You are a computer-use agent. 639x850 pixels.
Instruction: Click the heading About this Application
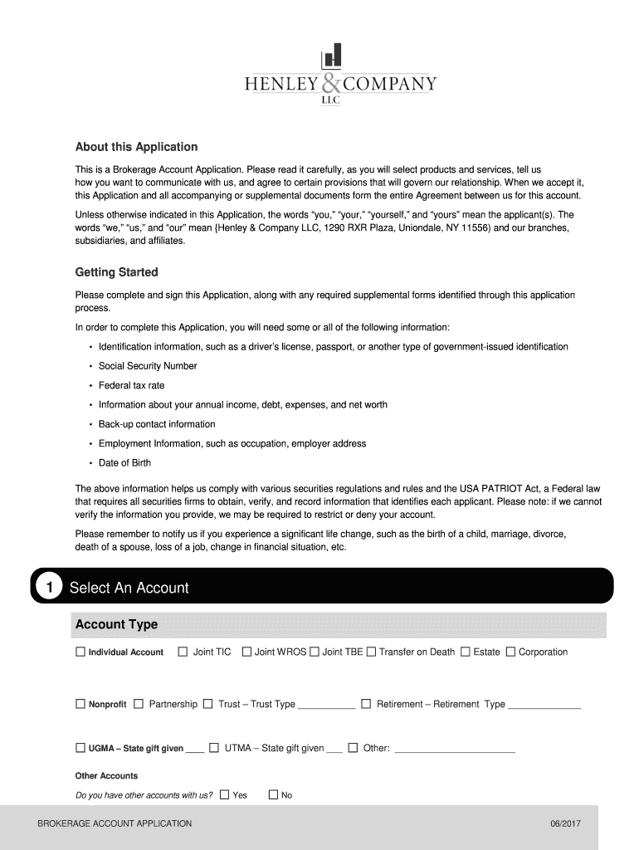pos(136,147)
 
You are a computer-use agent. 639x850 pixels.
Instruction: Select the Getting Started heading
pos(116,272)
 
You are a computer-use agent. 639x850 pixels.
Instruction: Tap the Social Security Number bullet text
pos(148,366)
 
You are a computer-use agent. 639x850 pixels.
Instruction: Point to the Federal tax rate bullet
pos(131,385)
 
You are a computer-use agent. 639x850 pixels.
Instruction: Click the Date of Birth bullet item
pos(124,463)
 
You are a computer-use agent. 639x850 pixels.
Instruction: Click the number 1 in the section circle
pos(50,588)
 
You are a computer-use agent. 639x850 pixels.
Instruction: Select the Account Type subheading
pos(116,624)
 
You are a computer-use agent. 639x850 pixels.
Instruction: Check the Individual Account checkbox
pos(80,652)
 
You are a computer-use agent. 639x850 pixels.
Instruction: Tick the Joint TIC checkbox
pos(183,652)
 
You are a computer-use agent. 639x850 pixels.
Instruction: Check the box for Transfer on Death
pos(371,652)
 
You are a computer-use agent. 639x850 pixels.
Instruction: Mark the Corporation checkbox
pos(510,652)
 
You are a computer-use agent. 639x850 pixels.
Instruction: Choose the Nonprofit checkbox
pos(80,704)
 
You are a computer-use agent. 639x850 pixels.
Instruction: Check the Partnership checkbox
pos(139,704)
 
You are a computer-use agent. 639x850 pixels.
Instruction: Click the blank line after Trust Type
pos(326,706)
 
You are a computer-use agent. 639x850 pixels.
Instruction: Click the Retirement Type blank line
pos(544,706)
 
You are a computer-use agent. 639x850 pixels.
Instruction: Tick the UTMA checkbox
pos(214,748)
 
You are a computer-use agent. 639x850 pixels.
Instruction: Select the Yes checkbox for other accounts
pos(224,795)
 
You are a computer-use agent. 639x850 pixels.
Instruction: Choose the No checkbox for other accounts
pos(273,795)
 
